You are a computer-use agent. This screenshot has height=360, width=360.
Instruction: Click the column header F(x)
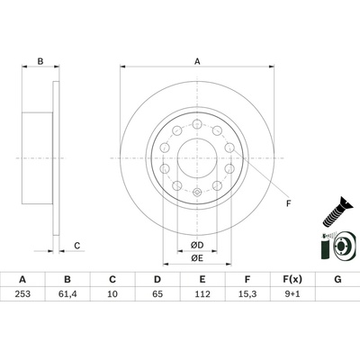(x=292, y=281)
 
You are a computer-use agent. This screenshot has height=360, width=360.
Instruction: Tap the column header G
(x=337, y=281)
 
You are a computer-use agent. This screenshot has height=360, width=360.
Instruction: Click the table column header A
(x=22, y=281)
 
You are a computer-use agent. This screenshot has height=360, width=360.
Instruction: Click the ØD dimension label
(x=197, y=244)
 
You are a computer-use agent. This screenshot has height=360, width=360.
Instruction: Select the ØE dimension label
(x=197, y=257)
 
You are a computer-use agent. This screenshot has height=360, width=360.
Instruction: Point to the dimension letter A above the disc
(x=197, y=61)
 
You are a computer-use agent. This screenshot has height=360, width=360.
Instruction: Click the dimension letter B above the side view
(x=40, y=61)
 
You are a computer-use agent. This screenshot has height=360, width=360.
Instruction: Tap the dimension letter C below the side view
(x=77, y=246)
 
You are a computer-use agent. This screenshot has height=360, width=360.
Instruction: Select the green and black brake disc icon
(x=335, y=247)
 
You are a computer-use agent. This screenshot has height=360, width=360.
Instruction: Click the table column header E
(x=202, y=281)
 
